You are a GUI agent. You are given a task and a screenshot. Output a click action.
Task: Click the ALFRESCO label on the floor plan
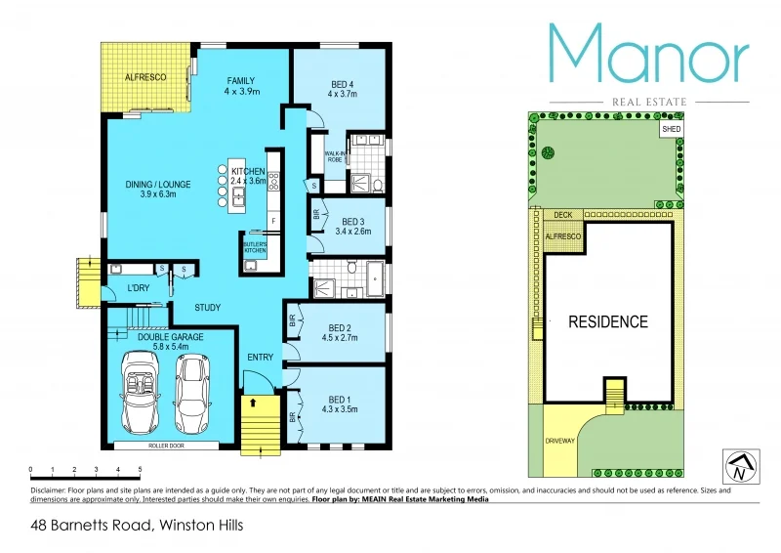(144, 76)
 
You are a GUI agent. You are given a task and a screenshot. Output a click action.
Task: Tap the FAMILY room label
(241, 80)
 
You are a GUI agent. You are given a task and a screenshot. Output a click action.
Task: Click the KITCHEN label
(248, 172)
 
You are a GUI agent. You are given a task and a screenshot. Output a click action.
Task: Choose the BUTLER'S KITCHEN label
(254, 247)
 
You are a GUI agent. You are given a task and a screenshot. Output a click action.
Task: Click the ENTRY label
(261, 358)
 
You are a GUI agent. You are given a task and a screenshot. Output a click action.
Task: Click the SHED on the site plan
(671, 128)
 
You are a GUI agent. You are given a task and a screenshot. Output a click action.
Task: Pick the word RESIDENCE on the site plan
(608, 321)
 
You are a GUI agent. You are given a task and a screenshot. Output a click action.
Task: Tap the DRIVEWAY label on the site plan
(559, 442)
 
